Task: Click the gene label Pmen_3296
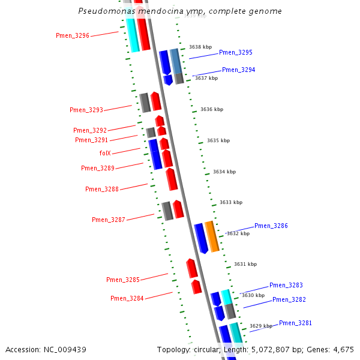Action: coord(73,36)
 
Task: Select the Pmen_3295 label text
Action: coord(235,53)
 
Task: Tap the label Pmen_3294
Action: coord(238,70)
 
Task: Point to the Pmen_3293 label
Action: coord(86,110)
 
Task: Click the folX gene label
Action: coord(105,154)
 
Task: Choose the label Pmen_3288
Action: coord(102,190)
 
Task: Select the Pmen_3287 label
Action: coord(109,220)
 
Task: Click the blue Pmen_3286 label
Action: coord(271,226)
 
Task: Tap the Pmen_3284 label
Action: coord(127,299)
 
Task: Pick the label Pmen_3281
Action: coord(295,323)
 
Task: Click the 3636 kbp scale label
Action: coord(212,110)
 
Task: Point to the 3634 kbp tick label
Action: coord(224,172)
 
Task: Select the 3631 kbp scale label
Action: coord(245,265)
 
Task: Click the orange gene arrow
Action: coord(211,236)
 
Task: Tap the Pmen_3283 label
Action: coord(286,286)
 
